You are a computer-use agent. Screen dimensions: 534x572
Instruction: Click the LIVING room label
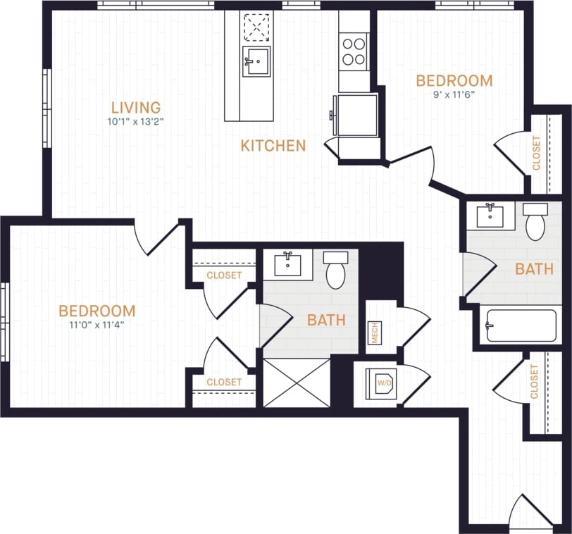(136, 108)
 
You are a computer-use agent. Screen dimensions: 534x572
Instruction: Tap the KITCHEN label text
(273, 146)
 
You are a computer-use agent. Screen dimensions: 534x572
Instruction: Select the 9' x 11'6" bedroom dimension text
(454, 94)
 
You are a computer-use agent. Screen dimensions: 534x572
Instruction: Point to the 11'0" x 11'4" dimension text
(97, 325)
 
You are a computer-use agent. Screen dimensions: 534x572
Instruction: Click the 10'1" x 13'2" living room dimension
(136, 122)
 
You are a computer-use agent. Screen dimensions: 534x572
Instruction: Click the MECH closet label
(375, 333)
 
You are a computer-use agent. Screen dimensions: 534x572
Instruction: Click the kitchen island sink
(256, 62)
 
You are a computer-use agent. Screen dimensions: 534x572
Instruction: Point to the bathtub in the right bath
(521, 325)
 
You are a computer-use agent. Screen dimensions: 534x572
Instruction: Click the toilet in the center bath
(336, 270)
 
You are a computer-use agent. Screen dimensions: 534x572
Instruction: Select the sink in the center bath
(288, 264)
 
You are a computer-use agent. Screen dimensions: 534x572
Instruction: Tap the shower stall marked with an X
(297, 383)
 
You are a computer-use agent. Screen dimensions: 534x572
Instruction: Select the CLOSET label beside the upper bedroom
(537, 153)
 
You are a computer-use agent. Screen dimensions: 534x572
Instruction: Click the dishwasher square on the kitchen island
(256, 28)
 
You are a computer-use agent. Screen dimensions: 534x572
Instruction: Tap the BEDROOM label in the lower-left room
(97, 311)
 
